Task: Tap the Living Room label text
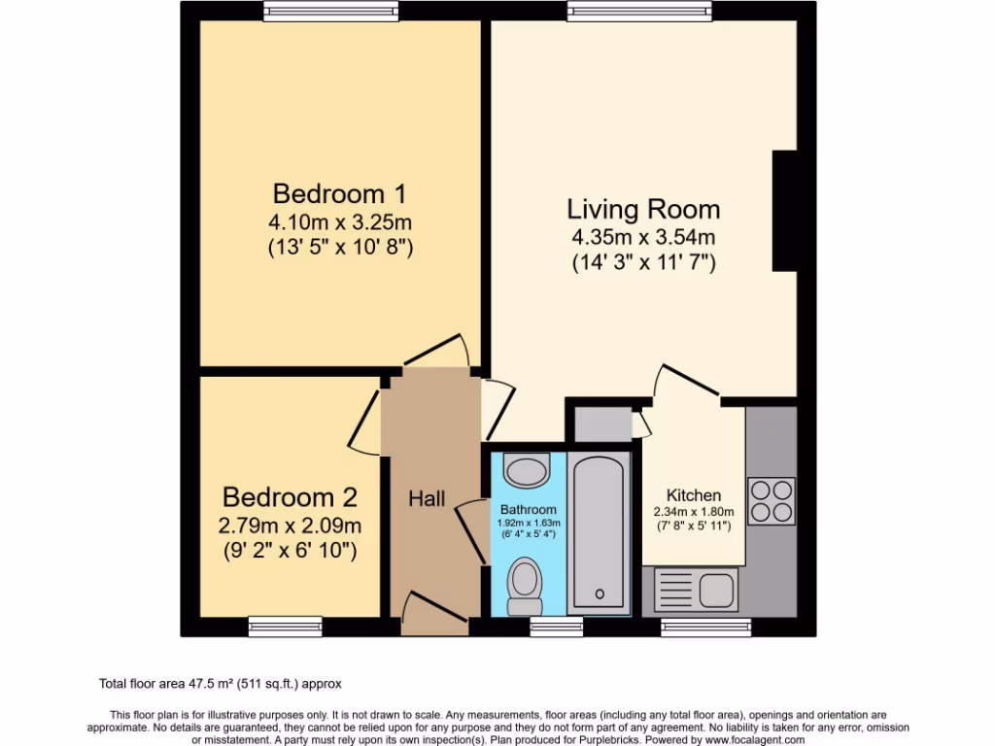[x=643, y=209]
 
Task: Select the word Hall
[x=427, y=498]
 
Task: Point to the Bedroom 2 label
[x=290, y=497]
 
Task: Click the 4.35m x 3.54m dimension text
[x=643, y=236]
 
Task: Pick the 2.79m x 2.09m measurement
[x=291, y=526]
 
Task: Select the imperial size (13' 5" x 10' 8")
[x=341, y=247]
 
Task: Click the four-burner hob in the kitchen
[x=771, y=501]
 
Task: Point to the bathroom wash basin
[x=528, y=471]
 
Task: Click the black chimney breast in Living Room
[x=784, y=211]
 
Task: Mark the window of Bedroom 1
[x=330, y=11]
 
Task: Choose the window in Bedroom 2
[x=285, y=627]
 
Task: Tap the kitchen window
[x=705, y=627]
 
